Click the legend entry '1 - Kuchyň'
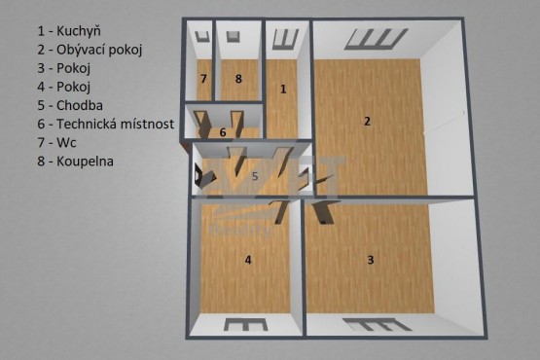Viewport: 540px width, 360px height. click(69, 31)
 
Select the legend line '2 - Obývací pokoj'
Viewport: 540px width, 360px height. click(90, 50)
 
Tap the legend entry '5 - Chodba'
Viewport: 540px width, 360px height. click(70, 105)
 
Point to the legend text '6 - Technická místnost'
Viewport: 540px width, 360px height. click(106, 124)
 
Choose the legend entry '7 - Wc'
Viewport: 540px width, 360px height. click(56, 143)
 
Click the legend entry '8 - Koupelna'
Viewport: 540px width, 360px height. click(76, 162)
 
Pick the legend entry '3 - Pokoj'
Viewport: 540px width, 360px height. click(63, 68)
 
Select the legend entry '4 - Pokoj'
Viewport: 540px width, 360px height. click(63, 87)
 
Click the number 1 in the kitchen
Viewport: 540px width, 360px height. click(283, 90)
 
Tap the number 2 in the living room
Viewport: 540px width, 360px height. click(367, 122)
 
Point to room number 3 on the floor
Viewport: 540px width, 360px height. click(371, 260)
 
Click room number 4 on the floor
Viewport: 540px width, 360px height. click(248, 260)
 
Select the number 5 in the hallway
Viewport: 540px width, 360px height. click(255, 176)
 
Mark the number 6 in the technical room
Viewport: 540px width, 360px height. click(223, 132)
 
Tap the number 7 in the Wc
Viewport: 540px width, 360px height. click(203, 79)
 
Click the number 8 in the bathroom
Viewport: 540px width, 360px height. click(238, 79)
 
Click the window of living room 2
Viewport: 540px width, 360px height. click(377, 39)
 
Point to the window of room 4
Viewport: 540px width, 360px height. click(245, 324)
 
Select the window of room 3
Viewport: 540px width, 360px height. click(378, 325)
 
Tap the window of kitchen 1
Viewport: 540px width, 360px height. click(285, 39)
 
